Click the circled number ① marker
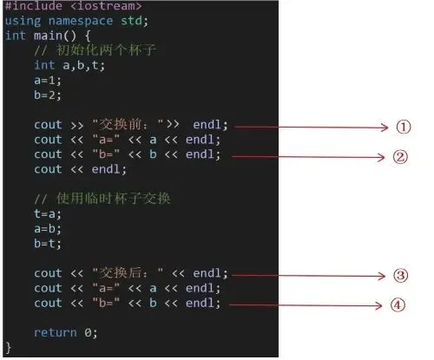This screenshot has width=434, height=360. click(404, 127)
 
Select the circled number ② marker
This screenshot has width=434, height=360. click(400, 157)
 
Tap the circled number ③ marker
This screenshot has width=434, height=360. click(401, 275)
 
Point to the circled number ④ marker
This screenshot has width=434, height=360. click(398, 305)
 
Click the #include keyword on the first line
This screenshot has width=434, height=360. click(34, 6)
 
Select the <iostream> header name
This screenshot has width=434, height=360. click(106, 6)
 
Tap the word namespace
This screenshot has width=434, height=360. click(81, 21)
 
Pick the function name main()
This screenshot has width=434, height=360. click(56, 36)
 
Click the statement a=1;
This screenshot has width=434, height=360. click(48, 80)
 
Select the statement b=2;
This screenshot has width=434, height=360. click(48, 95)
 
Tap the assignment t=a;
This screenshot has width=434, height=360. click(48, 213)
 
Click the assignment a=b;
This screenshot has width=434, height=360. click(48, 228)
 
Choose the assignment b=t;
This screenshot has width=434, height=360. click(48, 243)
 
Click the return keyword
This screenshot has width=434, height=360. click(56, 332)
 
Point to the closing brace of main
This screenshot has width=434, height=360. click(9, 347)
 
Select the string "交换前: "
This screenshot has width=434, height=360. click(128, 124)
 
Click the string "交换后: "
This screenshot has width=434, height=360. click(128, 272)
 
